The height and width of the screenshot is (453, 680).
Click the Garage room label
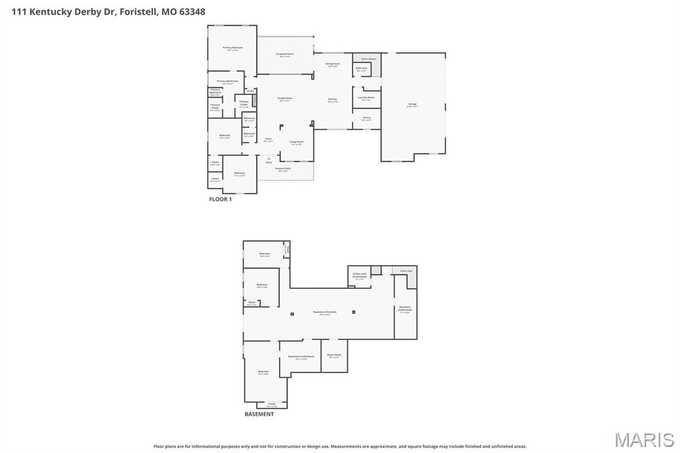pos(412,104)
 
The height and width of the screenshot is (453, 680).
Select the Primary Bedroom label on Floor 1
pos(232,48)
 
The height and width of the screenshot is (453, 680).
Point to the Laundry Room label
pos(366,98)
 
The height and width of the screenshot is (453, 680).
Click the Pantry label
pos(367,118)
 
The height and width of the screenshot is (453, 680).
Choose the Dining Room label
pos(333,64)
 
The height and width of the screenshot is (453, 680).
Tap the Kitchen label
pos(333,100)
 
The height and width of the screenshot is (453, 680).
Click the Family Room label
pos(285,99)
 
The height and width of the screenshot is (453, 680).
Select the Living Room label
pos(296,142)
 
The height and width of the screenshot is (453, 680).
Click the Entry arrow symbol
pos(269,159)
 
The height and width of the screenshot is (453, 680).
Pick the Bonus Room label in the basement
pos(335,355)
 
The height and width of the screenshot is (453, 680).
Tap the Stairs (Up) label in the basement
pos(405,270)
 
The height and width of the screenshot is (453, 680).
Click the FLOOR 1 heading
pos(220,199)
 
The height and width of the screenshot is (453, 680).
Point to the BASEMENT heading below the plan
pos(259,414)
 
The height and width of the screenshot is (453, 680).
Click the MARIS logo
pos(644,439)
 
